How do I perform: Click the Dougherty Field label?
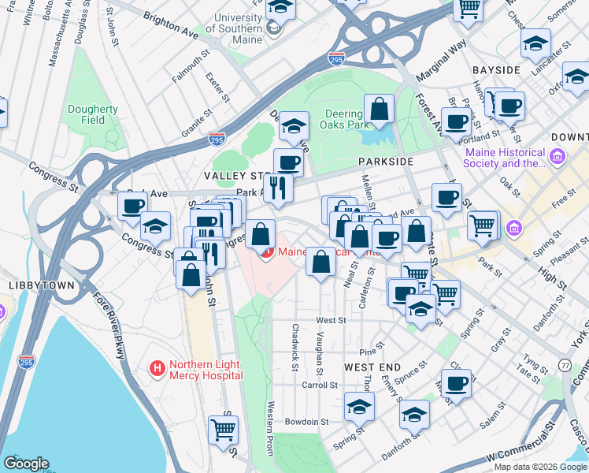pos(92,115)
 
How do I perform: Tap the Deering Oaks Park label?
pos(346,119)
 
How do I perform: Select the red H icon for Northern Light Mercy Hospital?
pos(157,368)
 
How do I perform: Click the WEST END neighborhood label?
pos(372,368)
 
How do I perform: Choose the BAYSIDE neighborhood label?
pos(496,70)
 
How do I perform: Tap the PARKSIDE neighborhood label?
pos(385,161)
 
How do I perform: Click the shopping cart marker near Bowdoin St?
pos(224,430)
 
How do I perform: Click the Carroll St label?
pos(320,385)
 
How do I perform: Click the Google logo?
pos(27,464)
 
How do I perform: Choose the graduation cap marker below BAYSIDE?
pos(577,78)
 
